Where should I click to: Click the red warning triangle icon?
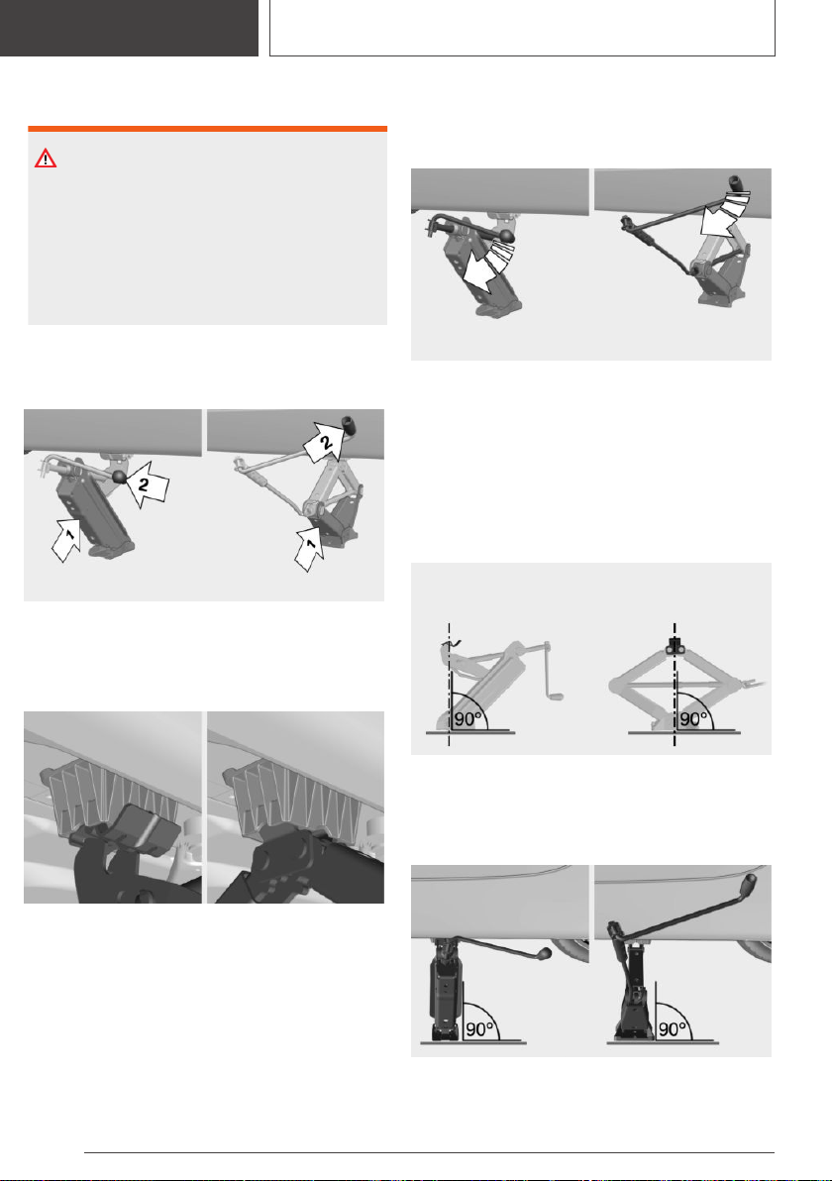tap(46, 159)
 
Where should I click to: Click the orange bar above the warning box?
tap(207, 129)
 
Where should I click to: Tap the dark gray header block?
tap(129, 28)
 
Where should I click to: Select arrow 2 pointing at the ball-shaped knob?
tap(146, 483)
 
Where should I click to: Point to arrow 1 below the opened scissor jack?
tap(309, 548)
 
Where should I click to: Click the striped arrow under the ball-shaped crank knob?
tap(485, 268)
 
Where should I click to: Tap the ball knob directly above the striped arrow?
tap(508, 236)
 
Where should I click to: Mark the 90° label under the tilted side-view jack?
tap(468, 718)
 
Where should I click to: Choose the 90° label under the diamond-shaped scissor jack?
tap(692, 718)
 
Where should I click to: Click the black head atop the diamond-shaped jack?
tap(675, 645)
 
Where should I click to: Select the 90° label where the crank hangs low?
tap(479, 1028)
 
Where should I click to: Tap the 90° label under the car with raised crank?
tap(673, 1028)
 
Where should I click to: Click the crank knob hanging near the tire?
tap(545, 953)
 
